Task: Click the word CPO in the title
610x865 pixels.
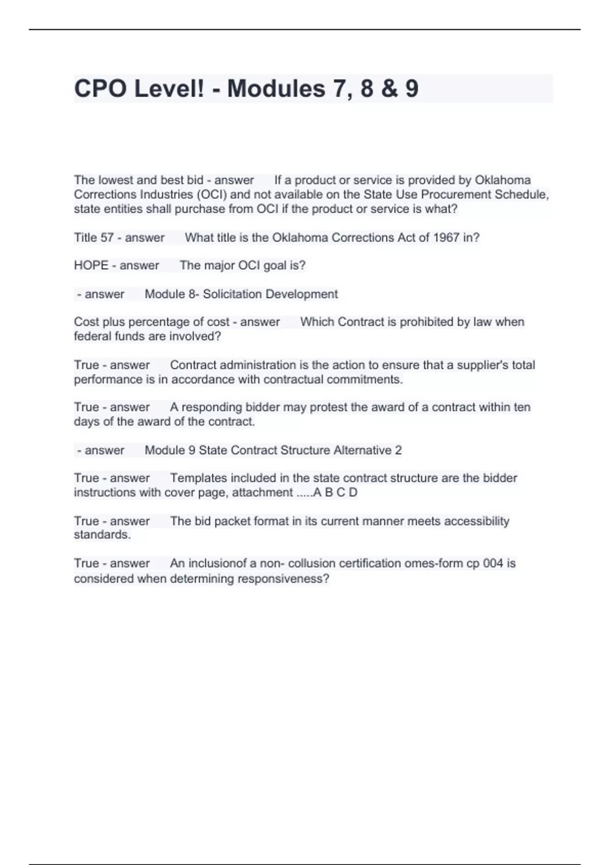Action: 100,89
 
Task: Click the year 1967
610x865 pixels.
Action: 446,238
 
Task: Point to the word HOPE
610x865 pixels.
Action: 91,266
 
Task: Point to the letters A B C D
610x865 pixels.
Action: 335,493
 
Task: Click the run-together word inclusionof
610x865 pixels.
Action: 218,563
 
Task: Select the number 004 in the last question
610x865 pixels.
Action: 493,563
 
